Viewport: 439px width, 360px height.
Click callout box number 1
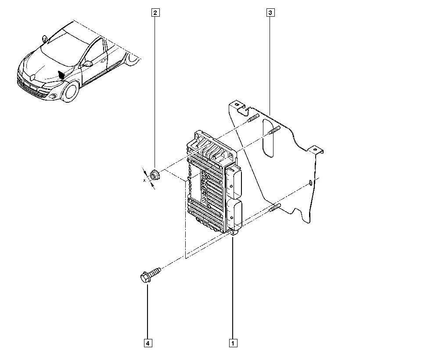233,343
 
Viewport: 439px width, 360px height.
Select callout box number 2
155,13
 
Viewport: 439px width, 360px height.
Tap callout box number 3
270,13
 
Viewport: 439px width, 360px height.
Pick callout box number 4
148,343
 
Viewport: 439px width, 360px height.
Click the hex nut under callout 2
154,175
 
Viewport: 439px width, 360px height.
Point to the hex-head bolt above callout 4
150,275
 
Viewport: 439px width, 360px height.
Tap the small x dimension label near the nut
144,180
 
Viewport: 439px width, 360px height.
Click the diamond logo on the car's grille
32,77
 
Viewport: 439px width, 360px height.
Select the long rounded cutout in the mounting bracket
268,138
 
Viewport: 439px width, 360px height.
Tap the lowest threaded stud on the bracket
275,208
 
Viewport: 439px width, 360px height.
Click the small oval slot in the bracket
310,183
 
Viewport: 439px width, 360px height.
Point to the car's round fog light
53,96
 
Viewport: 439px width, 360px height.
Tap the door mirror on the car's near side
88,64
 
